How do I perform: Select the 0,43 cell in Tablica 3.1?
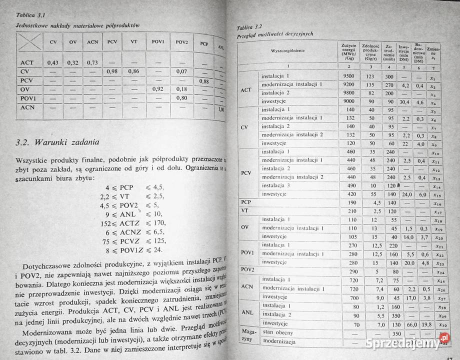coord(53,62)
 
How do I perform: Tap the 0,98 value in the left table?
coord(112,71)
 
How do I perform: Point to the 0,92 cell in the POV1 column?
coord(158,89)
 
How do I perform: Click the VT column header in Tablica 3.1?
coord(133,41)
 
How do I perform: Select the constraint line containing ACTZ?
coord(132,222)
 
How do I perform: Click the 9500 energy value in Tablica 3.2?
coord(349,76)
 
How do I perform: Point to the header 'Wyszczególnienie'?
coord(288,51)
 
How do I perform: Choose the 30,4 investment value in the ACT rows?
coord(404,101)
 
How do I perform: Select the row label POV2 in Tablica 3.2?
coord(247,270)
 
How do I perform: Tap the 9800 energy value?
coord(349,93)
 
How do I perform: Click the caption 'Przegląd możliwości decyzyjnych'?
coord(275,34)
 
